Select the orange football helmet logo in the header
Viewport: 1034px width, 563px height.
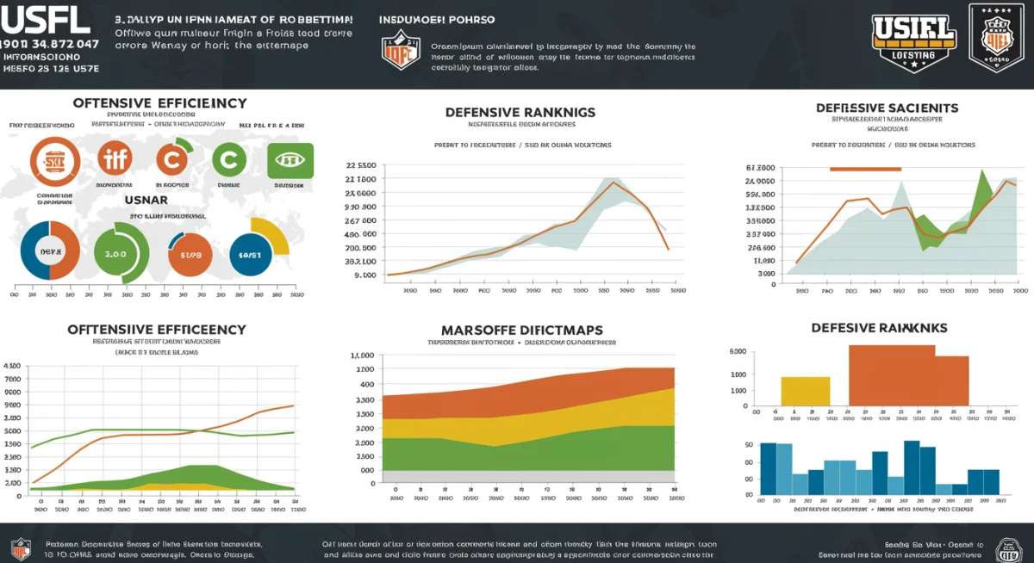tap(401, 51)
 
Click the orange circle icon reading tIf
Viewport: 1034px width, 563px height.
tap(115, 160)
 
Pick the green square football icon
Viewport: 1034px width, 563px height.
tap(290, 161)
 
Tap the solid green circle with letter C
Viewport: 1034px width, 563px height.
tap(228, 160)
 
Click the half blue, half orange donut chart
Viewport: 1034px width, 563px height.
tap(50, 252)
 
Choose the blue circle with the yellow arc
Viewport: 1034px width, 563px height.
tap(257, 253)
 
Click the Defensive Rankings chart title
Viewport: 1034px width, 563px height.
tap(520, 112)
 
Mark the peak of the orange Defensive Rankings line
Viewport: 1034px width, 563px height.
tap(613, 182)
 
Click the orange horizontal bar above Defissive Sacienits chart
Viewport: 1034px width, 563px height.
tap(864, 169)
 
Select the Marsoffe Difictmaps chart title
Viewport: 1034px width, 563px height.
tap(521, 330)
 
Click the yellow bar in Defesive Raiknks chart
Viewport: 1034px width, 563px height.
tap(805, 391)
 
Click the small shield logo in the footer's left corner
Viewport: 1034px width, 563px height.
tap(20, 548)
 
